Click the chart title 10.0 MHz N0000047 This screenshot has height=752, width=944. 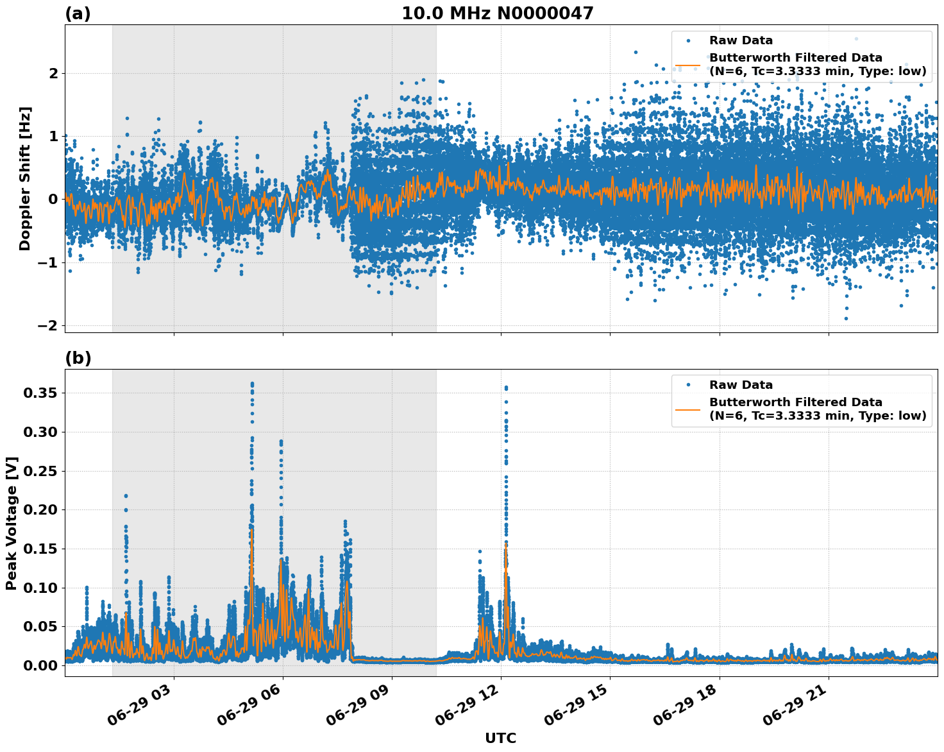click(x=498, y=13)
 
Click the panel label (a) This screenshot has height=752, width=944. click(x=78, y=13)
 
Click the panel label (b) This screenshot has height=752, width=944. click(x=78, y=358)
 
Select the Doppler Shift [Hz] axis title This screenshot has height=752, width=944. click(x=24, y=178)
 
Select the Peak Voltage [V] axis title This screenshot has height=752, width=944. click(x=11, y=523)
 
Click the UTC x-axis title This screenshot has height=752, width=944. click(x=500, y=738)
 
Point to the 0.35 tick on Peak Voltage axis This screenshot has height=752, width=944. click(x=41, y=393)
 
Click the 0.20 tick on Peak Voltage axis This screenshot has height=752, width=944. click(x=41, y=509)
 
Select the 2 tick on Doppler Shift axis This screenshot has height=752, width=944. click(x=54, y=73)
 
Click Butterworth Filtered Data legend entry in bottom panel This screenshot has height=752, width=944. click(x=795, y=409)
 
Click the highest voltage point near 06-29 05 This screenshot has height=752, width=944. click(x=252, y=384)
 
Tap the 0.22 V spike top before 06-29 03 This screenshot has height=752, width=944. click(x=126, y=496)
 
